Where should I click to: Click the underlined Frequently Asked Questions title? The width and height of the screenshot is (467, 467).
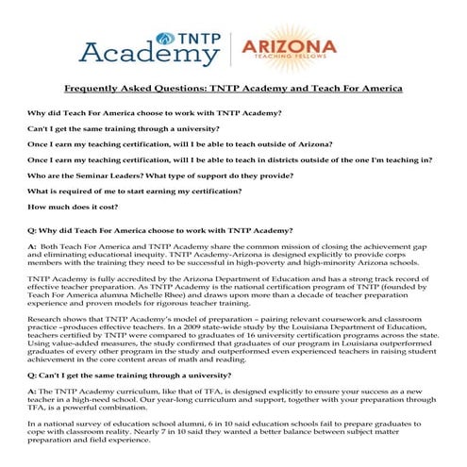point(233,89)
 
